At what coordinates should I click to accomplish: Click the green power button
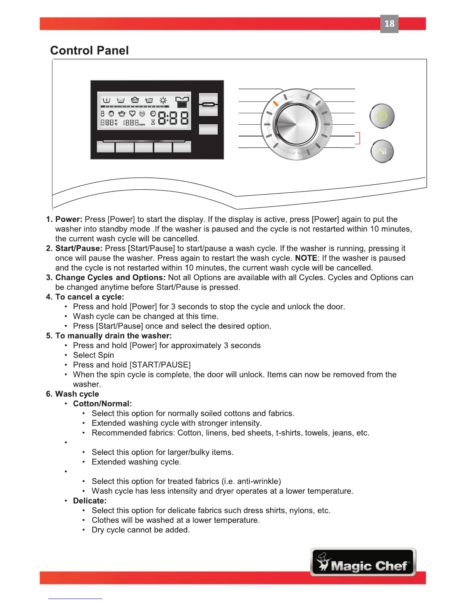tap(382, 116)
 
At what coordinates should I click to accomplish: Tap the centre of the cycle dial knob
tap(296, 124)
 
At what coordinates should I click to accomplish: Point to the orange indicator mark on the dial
tap(276, 103)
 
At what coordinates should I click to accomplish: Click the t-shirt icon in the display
tap(182, 101)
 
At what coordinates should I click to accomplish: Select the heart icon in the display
tap(132, 113)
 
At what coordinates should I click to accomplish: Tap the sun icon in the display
tap(163, 100)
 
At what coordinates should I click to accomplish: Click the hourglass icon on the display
tap(153, 122)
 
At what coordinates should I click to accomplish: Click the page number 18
tap(389, 24)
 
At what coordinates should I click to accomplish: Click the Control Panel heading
tap(89, 51)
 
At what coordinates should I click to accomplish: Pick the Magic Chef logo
tap(363, 562)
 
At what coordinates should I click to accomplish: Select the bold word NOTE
tap(306, 258)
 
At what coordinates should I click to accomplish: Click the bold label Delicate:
tap(90, 501)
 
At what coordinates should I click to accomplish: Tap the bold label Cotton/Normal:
tap(102, 404)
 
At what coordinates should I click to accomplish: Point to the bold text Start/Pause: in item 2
tap(79, 249)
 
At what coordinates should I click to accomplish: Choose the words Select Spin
tap(93, 355)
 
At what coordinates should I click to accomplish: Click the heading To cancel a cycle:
tap(90, 297)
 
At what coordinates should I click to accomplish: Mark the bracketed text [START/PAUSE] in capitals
tap(160, 365)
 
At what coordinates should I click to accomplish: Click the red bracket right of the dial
tap(357, 138)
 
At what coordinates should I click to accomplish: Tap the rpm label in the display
tap(142, 124)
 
